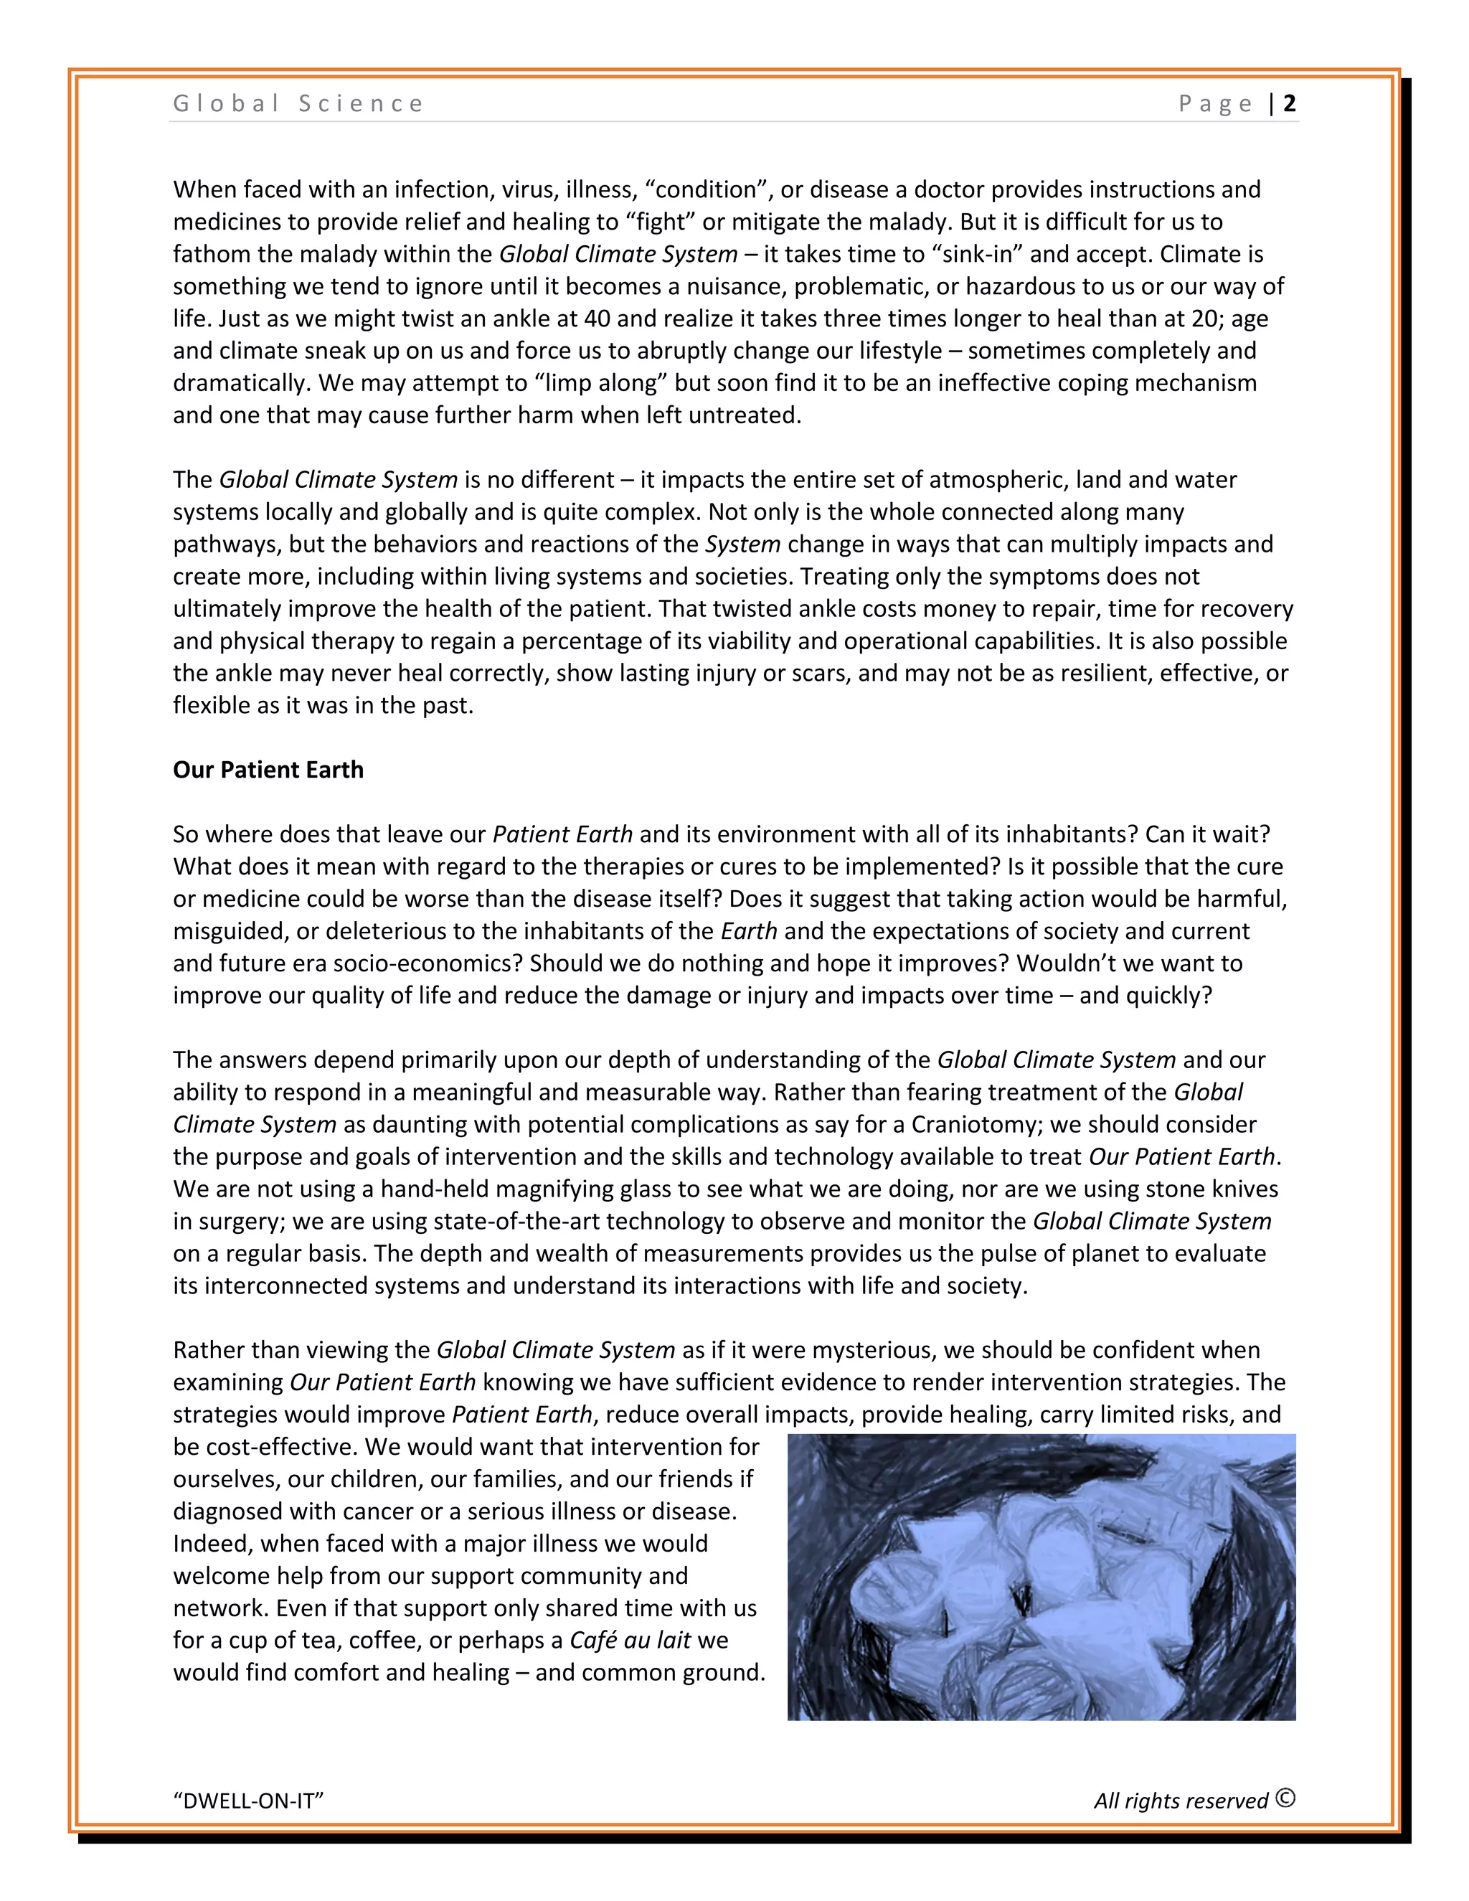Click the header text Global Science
click(x=298, y=103)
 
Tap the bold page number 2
click(x=1289, y=103)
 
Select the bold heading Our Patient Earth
click(x=268, y=770)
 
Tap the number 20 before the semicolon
click(x=1204, y=319)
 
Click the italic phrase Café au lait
click(x=630, y=1640)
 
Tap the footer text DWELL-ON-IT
click(x=248, y=1801)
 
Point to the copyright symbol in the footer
click(x=1285, y=1798)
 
